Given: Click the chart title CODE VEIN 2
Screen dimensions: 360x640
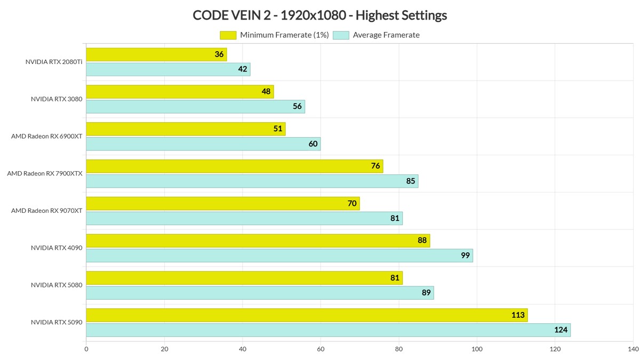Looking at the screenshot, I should [319, 15].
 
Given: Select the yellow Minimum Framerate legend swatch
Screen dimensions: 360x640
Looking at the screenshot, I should [228, 35].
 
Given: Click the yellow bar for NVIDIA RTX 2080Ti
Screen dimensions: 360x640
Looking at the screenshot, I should [156, 54].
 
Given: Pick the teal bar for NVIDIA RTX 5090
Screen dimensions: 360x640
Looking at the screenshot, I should [328, 330].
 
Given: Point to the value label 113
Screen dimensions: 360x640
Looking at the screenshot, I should [518, 315].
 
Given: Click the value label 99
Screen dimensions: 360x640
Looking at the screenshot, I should [465, 255].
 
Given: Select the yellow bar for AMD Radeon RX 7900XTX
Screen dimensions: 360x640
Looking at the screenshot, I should [234, 166].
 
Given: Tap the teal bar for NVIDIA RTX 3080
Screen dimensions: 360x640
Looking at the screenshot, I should [195, 107].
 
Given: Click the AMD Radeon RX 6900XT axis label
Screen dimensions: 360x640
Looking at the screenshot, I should [47, 136].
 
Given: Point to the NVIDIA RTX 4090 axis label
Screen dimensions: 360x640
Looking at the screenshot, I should [57, 248].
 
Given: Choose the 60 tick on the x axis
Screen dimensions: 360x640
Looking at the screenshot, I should [321, 349].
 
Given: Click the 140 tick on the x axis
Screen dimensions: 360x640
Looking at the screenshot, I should [633, 349].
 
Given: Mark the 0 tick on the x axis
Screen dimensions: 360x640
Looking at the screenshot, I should [86, 349].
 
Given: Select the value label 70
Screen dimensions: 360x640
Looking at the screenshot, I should [352, 203].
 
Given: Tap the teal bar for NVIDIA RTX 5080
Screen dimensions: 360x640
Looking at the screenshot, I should [260, 293].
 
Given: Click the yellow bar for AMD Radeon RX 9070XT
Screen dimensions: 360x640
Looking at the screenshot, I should [222, 203].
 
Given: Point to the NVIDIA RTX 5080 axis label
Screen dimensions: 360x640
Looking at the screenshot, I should [57, 285].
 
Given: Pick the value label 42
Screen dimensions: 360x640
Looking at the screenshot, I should [243, 69].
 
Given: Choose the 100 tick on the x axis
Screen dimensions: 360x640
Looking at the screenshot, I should [477, 349].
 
